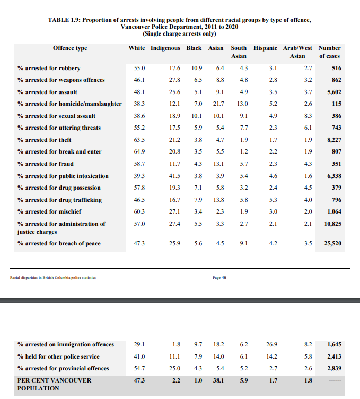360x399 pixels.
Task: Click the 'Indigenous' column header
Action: (x=165, y=48)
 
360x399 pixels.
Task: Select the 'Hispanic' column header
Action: (x=265, y=48)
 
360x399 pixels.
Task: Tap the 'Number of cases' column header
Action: (x=329, y=52)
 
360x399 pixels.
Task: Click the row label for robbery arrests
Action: (x=51, y=68)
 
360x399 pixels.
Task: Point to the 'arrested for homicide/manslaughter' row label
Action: (x=69, y=104)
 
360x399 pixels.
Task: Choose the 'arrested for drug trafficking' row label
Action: (x=59, y=200)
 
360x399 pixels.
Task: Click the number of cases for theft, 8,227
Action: (x=332, y=140)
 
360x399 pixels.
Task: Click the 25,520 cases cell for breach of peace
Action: (x=332, y=243)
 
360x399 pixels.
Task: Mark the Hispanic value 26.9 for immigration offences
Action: (x=272, y=344)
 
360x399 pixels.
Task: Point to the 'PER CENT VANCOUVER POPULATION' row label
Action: (x=54, y=384)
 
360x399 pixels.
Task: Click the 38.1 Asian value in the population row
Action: (x=218, y=380)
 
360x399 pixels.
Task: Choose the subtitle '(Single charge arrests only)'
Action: (x=179, y=33)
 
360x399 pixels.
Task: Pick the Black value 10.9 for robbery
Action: (x=197, y=68)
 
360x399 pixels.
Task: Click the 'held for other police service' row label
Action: (x=58, y=356)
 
